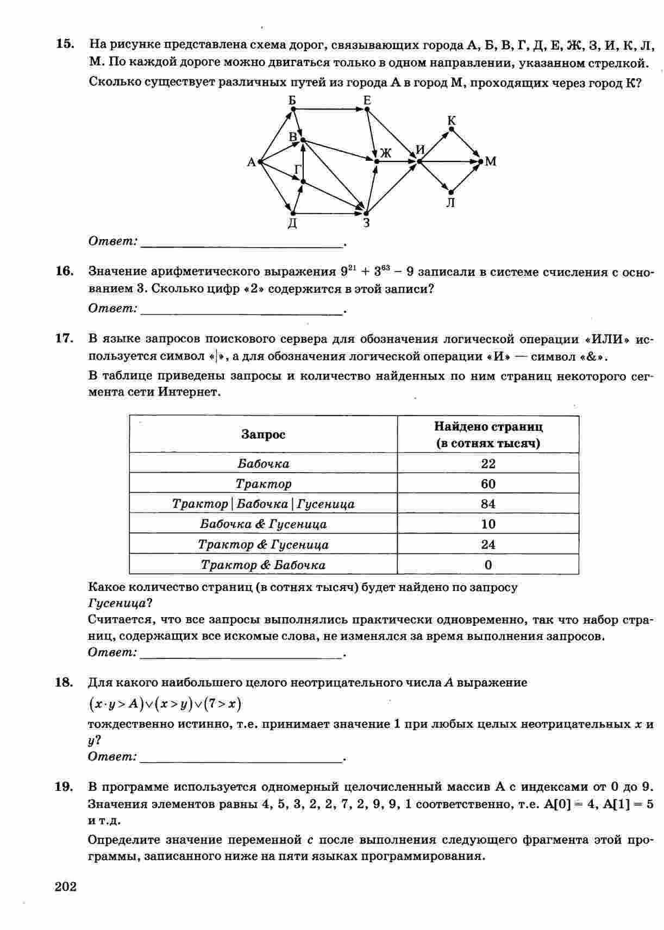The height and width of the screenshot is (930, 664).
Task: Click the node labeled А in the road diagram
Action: [260, 161]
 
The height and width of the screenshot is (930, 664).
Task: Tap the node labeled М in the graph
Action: [480, 161]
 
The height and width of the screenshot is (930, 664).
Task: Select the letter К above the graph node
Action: [452, 121]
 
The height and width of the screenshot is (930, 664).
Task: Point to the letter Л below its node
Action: [450, 203]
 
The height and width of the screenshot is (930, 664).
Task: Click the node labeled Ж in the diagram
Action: [377, 161]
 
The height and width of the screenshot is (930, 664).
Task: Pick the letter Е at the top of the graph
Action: [367, 100]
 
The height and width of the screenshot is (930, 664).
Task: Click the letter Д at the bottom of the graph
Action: [292, 223]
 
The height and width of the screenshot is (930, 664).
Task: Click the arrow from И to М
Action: [450, 161]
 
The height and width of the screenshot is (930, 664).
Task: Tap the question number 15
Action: [65, 44]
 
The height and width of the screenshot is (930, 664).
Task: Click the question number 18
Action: [64, 682]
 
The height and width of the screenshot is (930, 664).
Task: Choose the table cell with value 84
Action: [488, 504]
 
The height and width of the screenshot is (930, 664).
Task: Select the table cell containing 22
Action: [488, 463]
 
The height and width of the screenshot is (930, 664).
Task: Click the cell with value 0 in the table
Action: [488, 565]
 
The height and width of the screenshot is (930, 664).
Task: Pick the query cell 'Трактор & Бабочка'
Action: [263, 565]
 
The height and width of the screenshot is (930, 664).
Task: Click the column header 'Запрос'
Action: [263, 435]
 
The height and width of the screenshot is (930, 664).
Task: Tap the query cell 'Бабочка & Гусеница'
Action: [263, 524]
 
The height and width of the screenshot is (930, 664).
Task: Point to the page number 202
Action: [66, 887]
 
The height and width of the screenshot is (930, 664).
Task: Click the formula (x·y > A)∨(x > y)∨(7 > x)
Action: [165, 704]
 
